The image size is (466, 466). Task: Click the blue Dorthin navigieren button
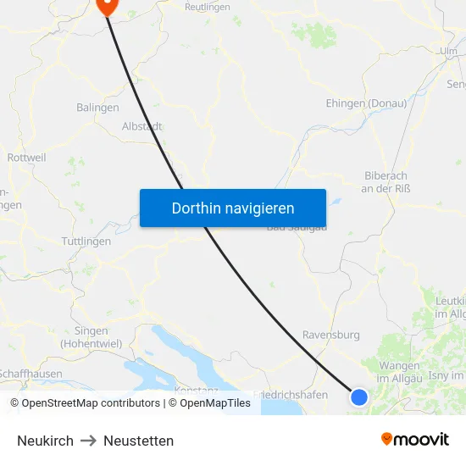coord(233,208)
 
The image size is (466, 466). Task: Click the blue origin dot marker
coord(359,397)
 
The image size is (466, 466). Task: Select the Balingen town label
coord(97,108)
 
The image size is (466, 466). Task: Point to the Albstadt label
coord(141,125)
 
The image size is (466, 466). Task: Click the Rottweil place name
coord(26,158)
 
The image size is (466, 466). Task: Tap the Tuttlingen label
coord(86,241)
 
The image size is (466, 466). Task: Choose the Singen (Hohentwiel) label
coord(91,336)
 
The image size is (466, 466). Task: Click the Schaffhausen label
coord(31,373)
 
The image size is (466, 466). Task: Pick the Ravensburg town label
coord(331,335)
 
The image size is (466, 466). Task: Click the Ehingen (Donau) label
coord(366,103)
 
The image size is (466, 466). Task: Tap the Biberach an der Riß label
coord(386,181)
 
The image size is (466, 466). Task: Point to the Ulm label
coord(448,52)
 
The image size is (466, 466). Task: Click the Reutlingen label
coord(208,7)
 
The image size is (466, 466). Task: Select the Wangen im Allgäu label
coord(400,370)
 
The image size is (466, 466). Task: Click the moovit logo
coord(415,439)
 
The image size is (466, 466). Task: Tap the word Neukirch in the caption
coord(45,441)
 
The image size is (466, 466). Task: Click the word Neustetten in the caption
coord(138,441)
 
